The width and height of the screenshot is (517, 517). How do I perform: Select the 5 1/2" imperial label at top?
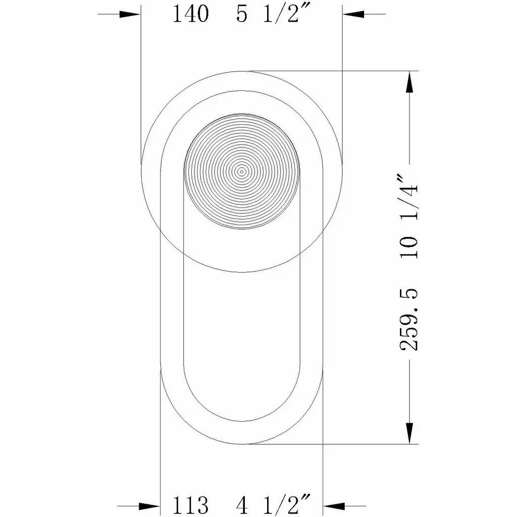pos(273,14)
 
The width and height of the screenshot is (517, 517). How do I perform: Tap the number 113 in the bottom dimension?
pos(190,505)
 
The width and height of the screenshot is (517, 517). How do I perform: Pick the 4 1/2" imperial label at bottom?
pos(274,504)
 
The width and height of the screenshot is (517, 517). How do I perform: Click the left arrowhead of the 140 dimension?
pos(130,14)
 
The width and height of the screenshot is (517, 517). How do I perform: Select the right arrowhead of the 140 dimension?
pos(353,14)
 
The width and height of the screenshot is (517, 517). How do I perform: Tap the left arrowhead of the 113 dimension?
pos(149,506)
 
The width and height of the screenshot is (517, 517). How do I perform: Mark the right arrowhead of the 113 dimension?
pos(334,506)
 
